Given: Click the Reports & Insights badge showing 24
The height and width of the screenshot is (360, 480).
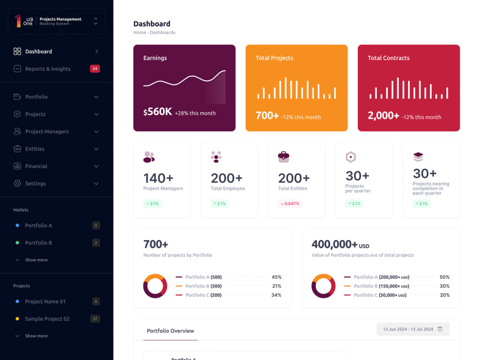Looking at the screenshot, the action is click(x=95, y=69).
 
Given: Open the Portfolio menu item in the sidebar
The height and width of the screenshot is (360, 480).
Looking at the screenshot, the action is click(x=36, y=97).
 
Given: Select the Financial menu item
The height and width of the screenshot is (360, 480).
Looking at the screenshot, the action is click(x=36, y=166).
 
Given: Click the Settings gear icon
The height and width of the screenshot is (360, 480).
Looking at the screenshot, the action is click(x=17, y=183).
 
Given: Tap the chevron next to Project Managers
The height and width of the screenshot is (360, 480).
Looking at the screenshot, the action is click(x=96, y=132).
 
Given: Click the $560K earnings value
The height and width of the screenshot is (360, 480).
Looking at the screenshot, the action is click(x=157, y=112).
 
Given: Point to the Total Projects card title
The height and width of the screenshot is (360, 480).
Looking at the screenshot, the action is click(x=274, y=58).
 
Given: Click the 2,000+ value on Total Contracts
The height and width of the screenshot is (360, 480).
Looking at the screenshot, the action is click(x=383, y=115).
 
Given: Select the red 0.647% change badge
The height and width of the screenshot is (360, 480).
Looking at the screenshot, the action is click(x=290, y=204).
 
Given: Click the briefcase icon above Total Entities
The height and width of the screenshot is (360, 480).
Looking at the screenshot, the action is click(x=284, y=157).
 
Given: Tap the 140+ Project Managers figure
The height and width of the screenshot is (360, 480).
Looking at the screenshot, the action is click(x=158, y=178).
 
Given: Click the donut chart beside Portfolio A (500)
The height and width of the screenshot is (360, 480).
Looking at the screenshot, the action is click(x=155, y=286).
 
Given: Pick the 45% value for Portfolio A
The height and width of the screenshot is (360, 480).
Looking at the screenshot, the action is click(x=276, y=277).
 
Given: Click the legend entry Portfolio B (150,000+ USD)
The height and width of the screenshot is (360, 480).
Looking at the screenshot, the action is click(x=381, y=286).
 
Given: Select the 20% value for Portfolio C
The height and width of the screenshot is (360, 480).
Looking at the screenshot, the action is click(x=444, y=295).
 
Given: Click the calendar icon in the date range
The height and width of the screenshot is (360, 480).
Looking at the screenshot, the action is click(x=440, y=329).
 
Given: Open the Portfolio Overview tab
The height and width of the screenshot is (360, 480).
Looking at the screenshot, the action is click(x=170, y=331).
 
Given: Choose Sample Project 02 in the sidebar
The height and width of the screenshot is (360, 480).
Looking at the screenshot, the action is click(x=47, y=319).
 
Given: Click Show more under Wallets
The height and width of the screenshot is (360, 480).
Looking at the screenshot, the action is click(x=36, y=260).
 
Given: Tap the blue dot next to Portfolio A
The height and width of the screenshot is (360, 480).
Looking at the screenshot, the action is click(x=17, y=225).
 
